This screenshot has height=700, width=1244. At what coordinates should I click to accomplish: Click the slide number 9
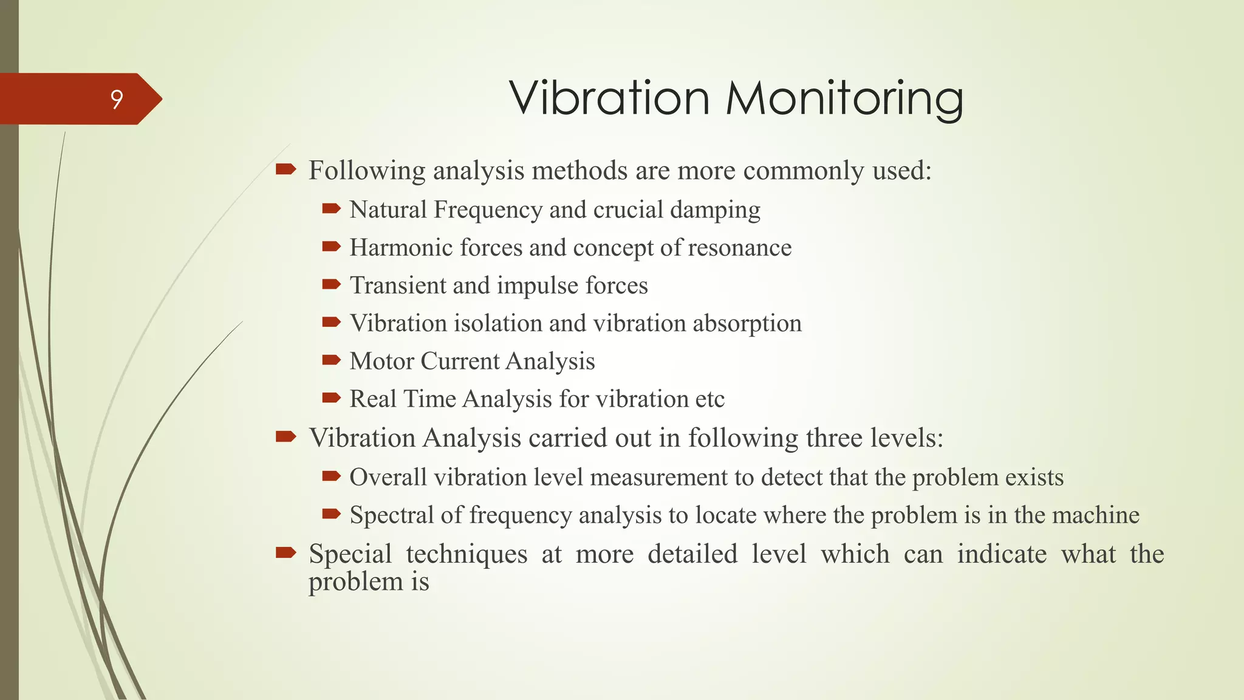[117, 99]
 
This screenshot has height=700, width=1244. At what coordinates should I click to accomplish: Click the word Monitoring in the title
[844, 99]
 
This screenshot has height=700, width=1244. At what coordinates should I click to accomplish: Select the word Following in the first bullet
[367, 171]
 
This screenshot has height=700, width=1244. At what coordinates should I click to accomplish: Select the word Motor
[381, 362]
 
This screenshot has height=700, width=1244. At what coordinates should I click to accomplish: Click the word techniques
[466, 554]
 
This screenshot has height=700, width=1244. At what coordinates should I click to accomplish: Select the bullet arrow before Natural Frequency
[331, 209]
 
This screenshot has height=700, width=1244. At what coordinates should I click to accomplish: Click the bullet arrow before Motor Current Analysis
[331, 360]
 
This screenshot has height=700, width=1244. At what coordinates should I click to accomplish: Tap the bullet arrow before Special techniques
[285, 552]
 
